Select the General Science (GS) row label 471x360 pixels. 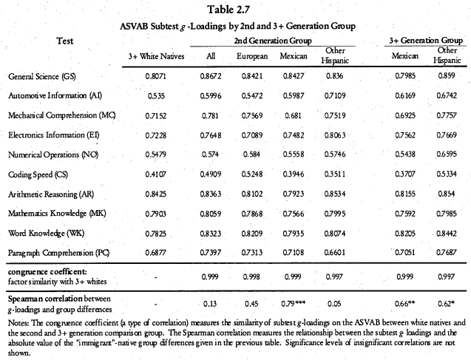point(43,76)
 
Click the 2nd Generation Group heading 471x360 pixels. point(271,39)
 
